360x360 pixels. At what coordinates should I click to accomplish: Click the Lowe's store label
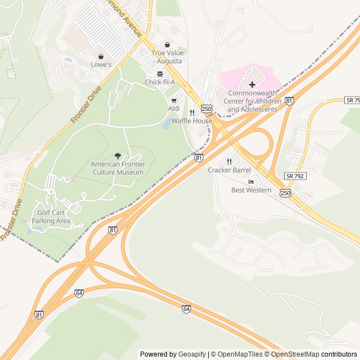click(101, 65)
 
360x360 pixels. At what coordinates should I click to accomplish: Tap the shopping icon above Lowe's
click(101, 56)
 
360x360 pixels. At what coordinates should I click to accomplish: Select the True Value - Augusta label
click(168, 57)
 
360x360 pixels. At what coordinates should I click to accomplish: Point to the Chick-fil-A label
click(160, 82)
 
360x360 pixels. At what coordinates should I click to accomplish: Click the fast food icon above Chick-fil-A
click(160, 74)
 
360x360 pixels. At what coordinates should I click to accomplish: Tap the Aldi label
click(174, 108)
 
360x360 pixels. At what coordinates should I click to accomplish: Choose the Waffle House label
click(192, 121)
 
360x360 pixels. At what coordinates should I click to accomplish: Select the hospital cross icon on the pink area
click(252, 84)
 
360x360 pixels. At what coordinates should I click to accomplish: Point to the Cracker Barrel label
click(229, 170)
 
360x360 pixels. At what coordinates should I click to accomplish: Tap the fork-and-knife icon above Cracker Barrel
click(229, 161)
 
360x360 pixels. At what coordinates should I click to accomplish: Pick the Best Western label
click(251, 190)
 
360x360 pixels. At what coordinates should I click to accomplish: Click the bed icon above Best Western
click(251, 182)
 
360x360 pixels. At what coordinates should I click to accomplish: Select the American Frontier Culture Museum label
click(118, 168)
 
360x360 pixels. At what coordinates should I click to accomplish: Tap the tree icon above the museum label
click(118, 156)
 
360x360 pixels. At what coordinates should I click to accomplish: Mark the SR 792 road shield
click(295, 176)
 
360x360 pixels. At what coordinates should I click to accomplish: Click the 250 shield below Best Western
click(286, 193)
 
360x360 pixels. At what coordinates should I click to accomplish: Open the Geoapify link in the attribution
click(192, 354)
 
